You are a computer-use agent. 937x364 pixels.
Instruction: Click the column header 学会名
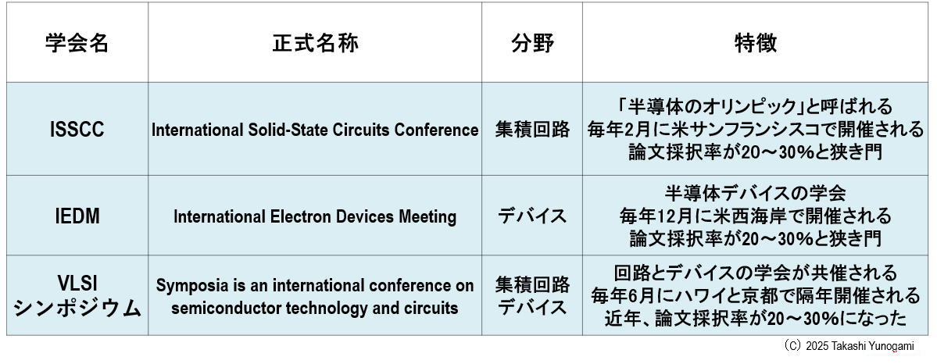tap(77, 44)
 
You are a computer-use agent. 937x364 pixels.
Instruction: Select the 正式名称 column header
tap(315, 44)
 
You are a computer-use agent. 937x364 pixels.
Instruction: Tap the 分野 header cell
tap(532, 44)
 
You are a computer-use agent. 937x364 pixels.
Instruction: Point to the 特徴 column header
tap(756, 44)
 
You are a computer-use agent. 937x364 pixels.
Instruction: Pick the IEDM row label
tap(77, 216)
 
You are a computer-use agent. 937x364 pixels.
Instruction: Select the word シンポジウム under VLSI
tap(77, 309)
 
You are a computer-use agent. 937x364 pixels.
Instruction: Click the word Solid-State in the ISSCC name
tap(285, 130)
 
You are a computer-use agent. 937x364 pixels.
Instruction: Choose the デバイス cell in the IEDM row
tap(532, 216)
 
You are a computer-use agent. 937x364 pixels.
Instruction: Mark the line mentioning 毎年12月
tap(756, 215)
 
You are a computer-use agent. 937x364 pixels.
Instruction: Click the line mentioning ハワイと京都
tap(756, 295)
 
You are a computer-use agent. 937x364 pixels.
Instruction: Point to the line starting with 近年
tap(756, 318)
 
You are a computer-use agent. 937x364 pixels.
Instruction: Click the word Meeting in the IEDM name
tap(427, 216)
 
